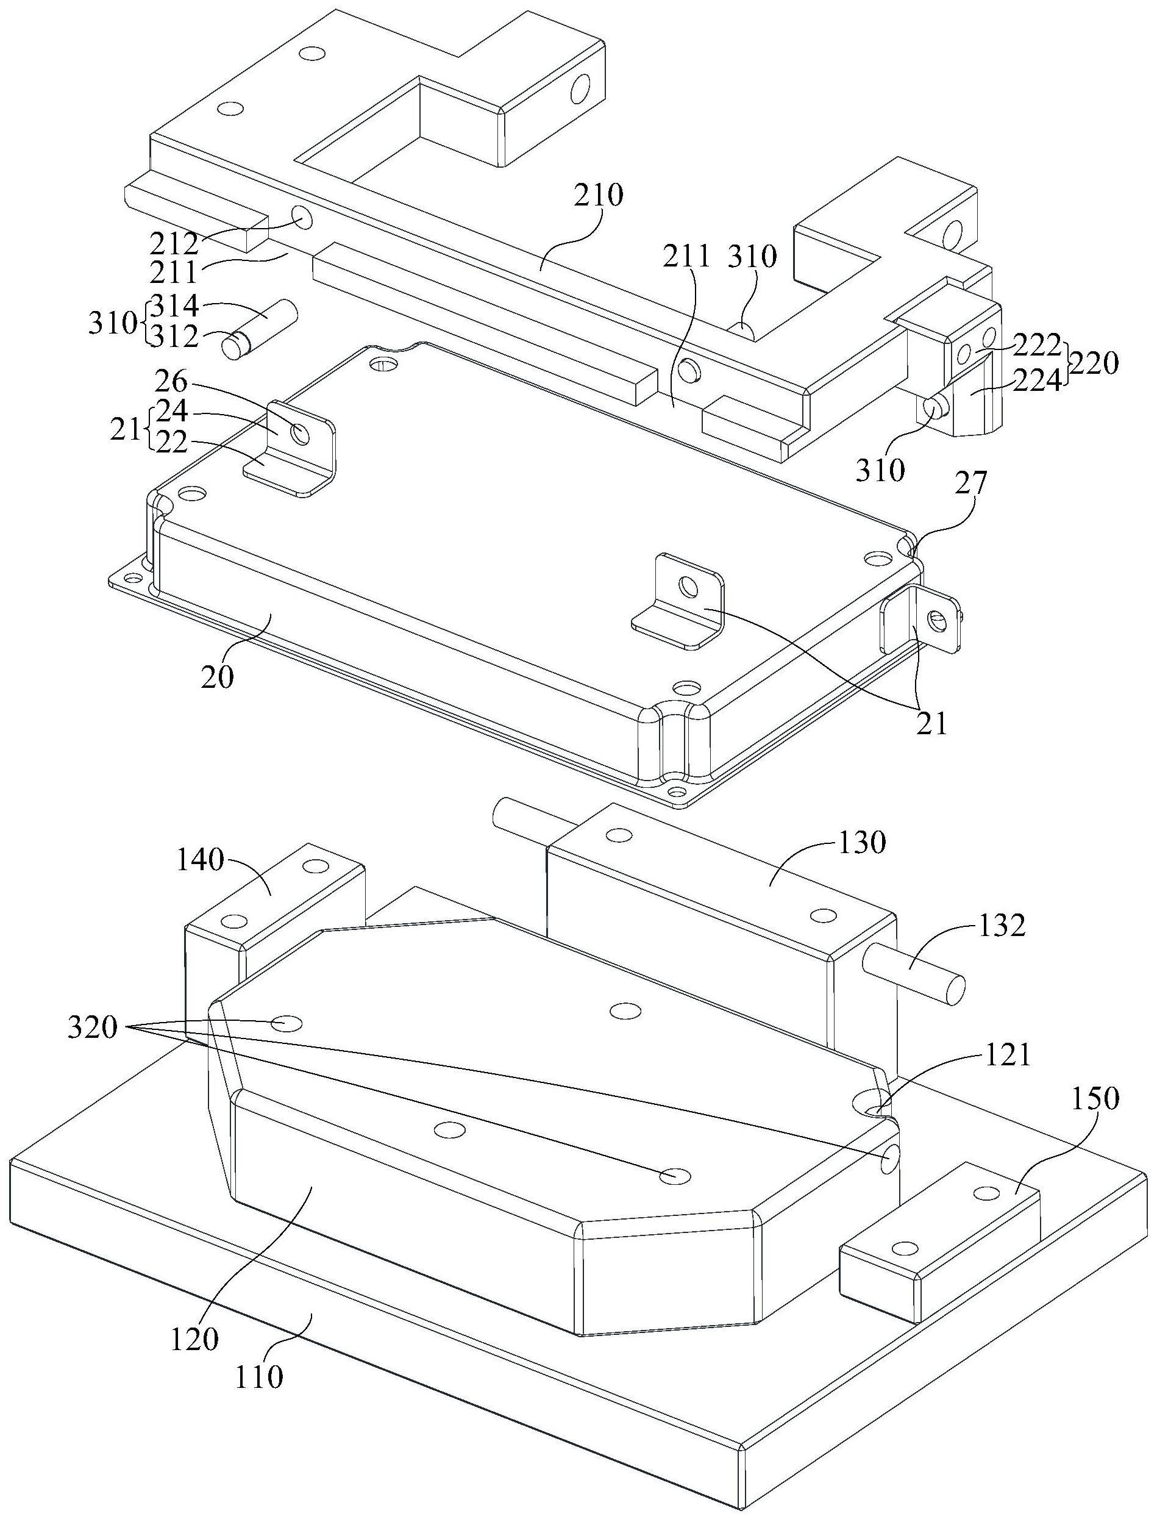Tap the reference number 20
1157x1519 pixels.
(x=218, y=677)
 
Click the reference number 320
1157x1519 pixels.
(x=94, y=1029)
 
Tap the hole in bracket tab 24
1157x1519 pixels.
(x=301, y=434)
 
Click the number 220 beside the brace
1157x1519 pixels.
(x=1094, y=362)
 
